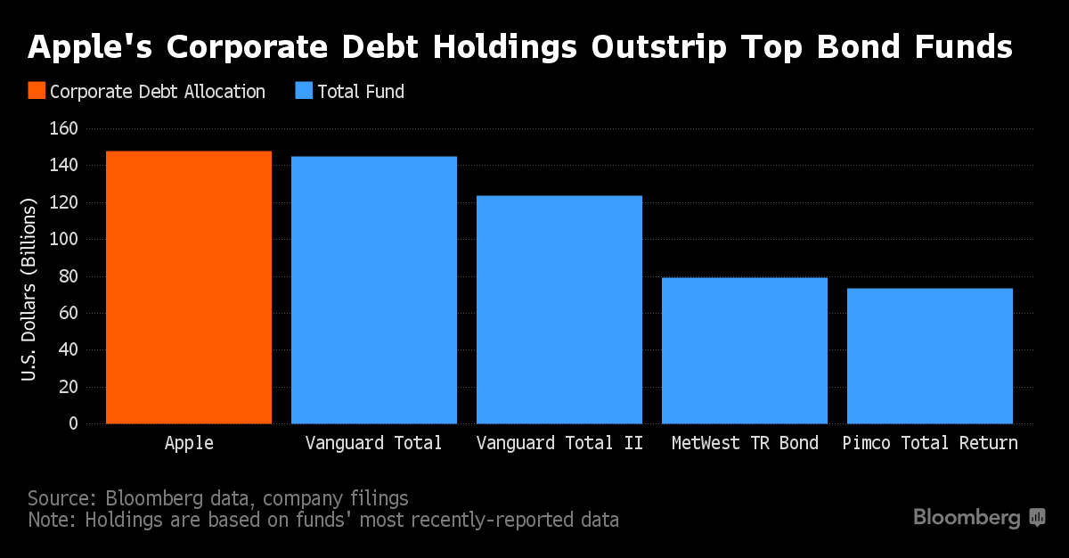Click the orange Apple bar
189,287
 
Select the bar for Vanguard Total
374,290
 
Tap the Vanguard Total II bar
559,309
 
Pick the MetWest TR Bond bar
745,350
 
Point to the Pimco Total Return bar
930,356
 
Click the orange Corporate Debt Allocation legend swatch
36,91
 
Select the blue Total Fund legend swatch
305,91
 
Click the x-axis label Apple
189,443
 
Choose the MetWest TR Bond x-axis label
745,443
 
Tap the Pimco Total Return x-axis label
930,443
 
